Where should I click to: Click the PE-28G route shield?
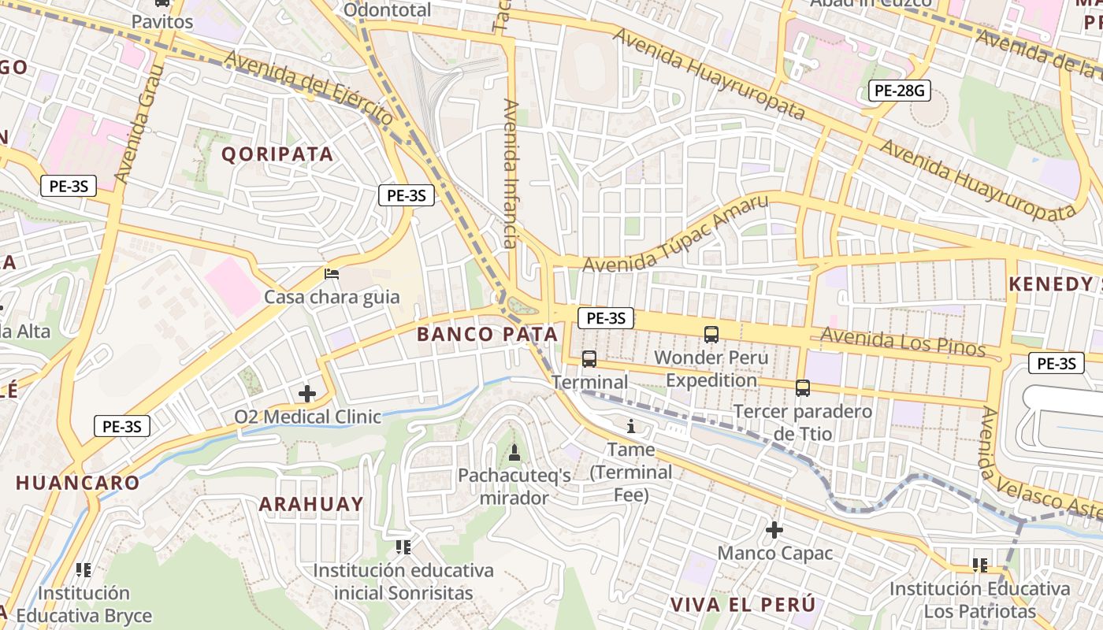coord(900,91)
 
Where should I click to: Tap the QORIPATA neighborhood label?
coord(277,154)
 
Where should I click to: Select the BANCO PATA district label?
coord(487,334)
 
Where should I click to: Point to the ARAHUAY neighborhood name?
coord(311,504)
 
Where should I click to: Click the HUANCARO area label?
coord(77,483)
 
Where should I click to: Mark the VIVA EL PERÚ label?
coord(742,604)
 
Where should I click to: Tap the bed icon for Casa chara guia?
coord(332,274)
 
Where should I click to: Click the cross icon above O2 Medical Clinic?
coord(307,393)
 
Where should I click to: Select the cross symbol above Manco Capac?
coord(774,529)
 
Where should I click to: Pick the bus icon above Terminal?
coord(589,359)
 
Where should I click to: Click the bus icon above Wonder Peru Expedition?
coord(711,334)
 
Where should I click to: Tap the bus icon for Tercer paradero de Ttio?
coord(803,387)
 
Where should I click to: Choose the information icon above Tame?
coord(631,427)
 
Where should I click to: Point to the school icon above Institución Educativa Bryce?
coord(84,569)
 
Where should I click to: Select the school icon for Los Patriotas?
coord(980,564)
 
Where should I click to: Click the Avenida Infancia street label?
coord(511,173)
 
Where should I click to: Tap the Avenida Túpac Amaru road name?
coord(675,234)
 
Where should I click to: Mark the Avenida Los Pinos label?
coord(903,342)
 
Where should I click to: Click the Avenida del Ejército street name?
coord(309,86)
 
